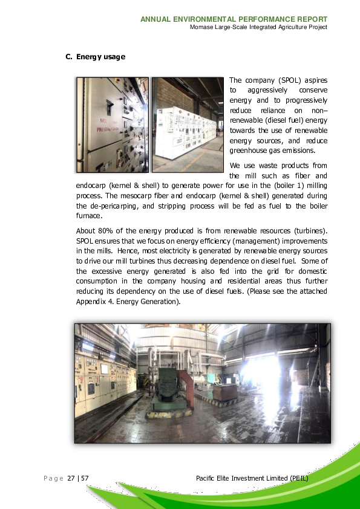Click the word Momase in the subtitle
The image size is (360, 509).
coord(202,27)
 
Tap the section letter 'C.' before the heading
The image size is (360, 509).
coord(69,57)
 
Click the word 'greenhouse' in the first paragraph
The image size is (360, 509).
coord(249,151)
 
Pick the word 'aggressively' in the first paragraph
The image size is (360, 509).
coord(269,90)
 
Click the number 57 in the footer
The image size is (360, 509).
coord(85,478)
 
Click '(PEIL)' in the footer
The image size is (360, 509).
coord(298,478)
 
